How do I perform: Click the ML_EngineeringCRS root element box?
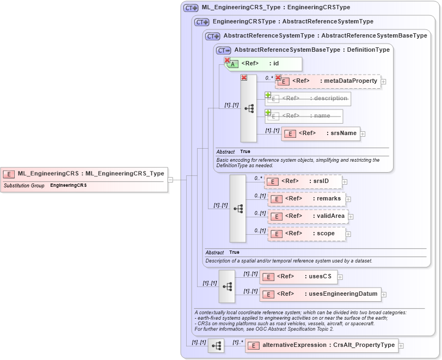(84, 174)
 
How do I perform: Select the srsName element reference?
(321, 133)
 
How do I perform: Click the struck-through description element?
(308, 99)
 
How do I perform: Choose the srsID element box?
(303, 181)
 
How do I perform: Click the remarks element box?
(307, 199)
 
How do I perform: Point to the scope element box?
(307, 234)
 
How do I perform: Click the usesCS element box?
(298, 277)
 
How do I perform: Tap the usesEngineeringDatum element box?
(320, 294)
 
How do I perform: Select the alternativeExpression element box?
(321, 345)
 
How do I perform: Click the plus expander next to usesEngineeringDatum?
(384, 295)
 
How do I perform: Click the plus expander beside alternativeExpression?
(401, 345)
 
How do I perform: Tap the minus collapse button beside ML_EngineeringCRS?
(170, 179)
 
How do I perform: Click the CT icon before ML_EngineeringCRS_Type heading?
(191, 8)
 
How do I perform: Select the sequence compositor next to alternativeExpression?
(216, 345)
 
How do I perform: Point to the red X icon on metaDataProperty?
(278, 78)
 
